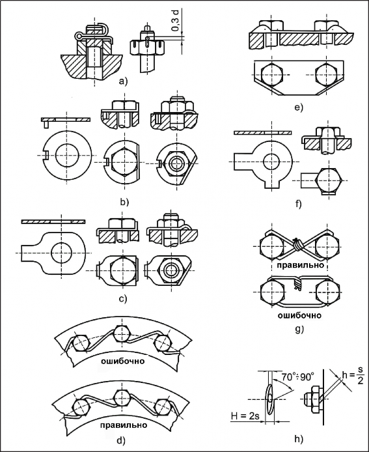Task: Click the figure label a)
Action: click(123, 81)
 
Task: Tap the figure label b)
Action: click(124, 202)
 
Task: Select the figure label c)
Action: click(123, 299)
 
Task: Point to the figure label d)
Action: click(121, 440)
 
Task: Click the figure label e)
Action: click(299, 107)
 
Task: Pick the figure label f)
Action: click(298, 204)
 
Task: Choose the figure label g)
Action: click(299, 329)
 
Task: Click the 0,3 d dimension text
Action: click(175, 20)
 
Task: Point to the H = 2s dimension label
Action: click(245, 416)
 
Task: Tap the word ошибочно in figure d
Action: click(123, 361)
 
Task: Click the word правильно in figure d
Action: click(124, 425)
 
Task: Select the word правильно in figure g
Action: click(301, 264)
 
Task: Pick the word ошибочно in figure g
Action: click(299, 315)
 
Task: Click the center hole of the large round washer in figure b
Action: click(67, 155)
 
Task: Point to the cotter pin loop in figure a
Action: click(79, 35)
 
